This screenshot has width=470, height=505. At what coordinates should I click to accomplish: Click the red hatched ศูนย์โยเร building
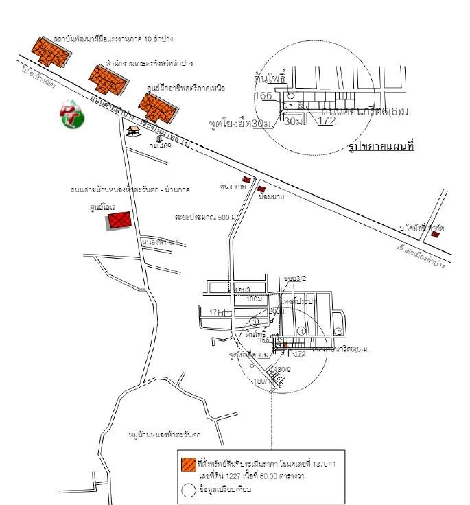tap(119, 221)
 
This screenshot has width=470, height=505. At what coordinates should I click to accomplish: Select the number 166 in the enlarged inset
tap(263, 95)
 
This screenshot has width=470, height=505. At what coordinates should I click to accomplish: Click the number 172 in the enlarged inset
tap(327, 121)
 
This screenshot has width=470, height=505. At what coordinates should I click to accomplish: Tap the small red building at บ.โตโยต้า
tap(436, 235)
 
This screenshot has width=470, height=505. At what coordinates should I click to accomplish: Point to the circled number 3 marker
tap(255, 321)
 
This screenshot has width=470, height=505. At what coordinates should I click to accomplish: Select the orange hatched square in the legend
tap(187, 465)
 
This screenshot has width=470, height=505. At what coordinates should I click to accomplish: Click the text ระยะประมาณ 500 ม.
tap(204, 216)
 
